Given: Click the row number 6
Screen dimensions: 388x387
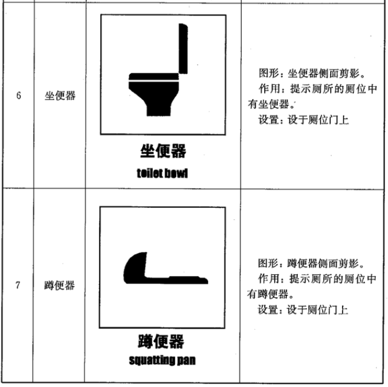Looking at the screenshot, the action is coord(18,96).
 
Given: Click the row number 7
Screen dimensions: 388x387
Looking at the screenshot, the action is coord(18,285).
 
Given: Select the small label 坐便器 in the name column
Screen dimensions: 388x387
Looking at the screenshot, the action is coord(60,96).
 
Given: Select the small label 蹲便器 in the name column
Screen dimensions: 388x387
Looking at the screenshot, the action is coord(60,286).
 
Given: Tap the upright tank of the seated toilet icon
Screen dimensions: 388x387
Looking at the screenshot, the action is coord(183,48).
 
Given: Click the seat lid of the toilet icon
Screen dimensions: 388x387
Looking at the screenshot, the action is coord(154,77).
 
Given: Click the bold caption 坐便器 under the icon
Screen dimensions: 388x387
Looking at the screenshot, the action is coord(163,151).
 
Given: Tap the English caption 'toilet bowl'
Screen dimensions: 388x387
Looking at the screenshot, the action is coord(162,173).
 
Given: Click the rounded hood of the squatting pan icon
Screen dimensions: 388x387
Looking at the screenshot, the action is coord(135,267).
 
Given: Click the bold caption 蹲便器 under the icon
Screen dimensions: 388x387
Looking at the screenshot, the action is coord(161,342).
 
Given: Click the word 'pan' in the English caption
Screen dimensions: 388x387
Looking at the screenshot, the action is coord(187,361).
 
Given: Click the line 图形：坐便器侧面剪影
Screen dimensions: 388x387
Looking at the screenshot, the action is coord(313,73).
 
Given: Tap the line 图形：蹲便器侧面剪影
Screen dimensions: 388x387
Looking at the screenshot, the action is coord(311,264).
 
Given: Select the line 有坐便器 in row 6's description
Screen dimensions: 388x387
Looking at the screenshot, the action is coord(271,104).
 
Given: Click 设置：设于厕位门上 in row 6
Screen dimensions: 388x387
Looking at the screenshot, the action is coord(304,120).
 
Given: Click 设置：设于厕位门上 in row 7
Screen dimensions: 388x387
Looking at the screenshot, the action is coord(303,310).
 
